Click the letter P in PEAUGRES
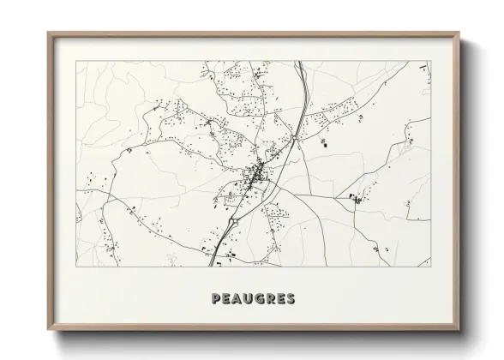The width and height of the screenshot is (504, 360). coord(215,299)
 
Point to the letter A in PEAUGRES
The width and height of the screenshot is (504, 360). coord(236,299)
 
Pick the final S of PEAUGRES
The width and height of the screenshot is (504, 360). coord(291,299)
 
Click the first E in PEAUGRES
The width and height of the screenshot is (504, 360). coord(225,299)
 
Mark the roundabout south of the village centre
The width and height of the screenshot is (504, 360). coord(232,221)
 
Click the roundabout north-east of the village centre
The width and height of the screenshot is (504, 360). coord(293,136)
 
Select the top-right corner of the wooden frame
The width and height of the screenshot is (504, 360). coord(459,33)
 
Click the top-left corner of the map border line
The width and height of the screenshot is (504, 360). coord(76,61)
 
